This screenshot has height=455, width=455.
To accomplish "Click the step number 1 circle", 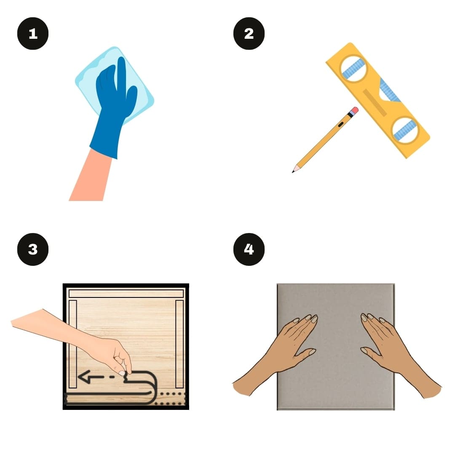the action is pos(33,33).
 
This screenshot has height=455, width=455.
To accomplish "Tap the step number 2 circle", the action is pos(249,33).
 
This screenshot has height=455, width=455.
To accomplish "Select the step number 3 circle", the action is pos(33,249).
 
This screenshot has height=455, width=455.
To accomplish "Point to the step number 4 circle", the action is pos(249,249).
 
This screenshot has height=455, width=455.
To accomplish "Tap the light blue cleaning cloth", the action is pos(115,84).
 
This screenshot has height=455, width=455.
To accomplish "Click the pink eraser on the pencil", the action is pos(355,110).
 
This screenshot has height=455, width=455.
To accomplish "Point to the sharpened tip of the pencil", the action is pos(293,171).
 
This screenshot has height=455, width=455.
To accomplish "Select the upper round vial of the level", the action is pos(353,69).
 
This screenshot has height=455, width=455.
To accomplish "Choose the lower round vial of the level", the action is pos(405,130).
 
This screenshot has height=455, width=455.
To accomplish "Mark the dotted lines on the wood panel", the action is pos(170,399).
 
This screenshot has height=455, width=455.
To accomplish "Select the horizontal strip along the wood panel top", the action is pos(126,293).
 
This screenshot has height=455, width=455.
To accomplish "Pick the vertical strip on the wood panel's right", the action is pos(179,344).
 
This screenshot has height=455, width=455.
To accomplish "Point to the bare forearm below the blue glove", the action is pos(90,177).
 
